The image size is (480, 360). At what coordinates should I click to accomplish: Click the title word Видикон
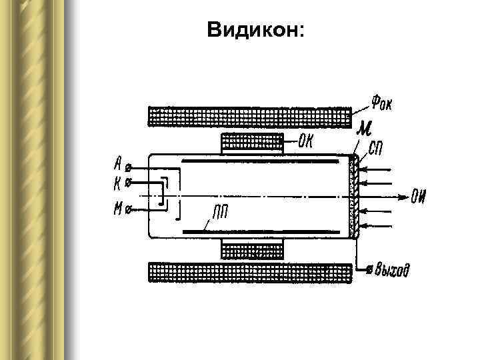255,30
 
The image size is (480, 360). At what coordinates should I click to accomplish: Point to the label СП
376,148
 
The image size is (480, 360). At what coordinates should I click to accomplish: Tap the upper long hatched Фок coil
249,117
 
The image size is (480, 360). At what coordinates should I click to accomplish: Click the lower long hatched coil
249,273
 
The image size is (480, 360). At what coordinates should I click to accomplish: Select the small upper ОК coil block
252,142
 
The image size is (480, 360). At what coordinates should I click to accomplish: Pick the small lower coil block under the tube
252,250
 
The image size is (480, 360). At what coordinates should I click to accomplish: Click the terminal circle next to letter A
129,166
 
